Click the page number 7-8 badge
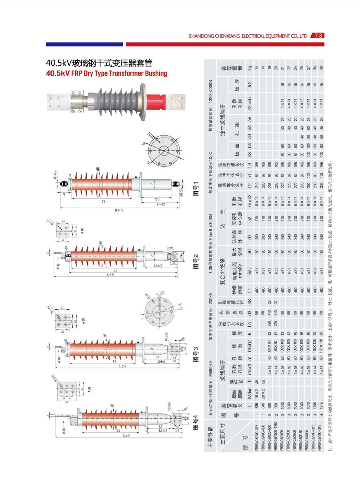point(319,35)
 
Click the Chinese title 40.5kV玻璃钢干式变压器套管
point(99,63)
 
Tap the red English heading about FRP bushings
point(106,73)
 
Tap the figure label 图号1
point(196,188)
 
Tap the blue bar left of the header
point(84,44)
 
